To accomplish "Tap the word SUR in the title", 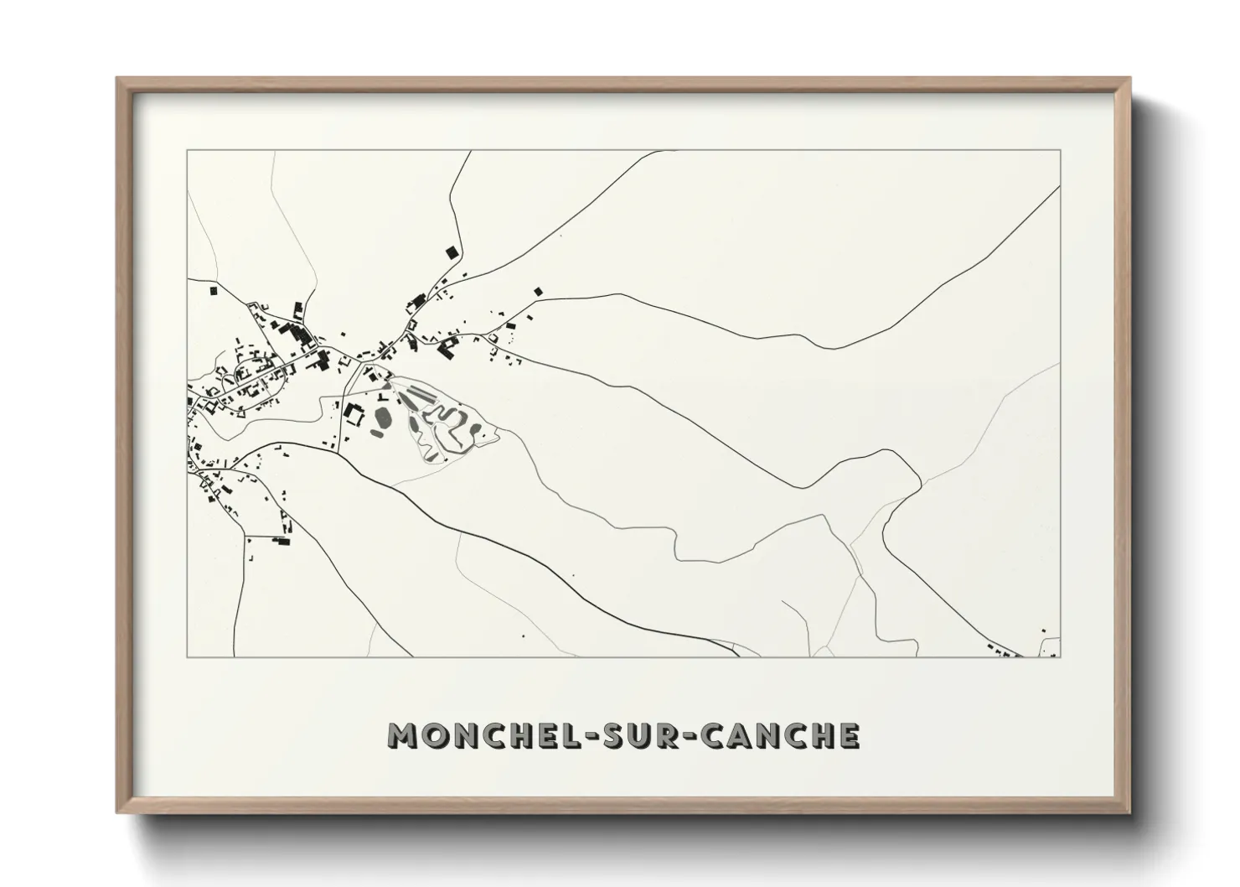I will (637, 736).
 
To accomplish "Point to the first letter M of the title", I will (402, 736).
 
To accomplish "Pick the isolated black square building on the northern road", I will (452, 251).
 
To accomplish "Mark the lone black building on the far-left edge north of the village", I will (213, 290).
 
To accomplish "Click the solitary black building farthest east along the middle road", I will (538, 292).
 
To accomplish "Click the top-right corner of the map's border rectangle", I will (1060, 151).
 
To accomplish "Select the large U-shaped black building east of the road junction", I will (447, 346).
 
